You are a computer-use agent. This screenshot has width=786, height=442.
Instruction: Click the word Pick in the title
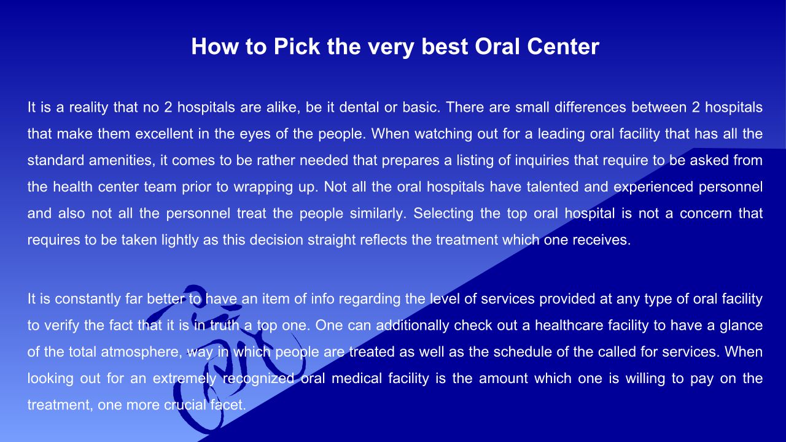[297, 46]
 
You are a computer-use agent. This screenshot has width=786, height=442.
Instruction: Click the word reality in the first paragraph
[88, 107]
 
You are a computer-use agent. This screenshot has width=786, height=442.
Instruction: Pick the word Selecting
[443, 214]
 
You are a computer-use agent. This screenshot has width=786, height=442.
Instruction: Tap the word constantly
[88, 299]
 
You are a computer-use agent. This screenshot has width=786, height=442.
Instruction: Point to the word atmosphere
[141, 352]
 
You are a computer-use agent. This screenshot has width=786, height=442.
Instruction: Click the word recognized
[259, 379]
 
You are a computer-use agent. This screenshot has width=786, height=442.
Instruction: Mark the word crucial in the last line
[185, 405]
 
